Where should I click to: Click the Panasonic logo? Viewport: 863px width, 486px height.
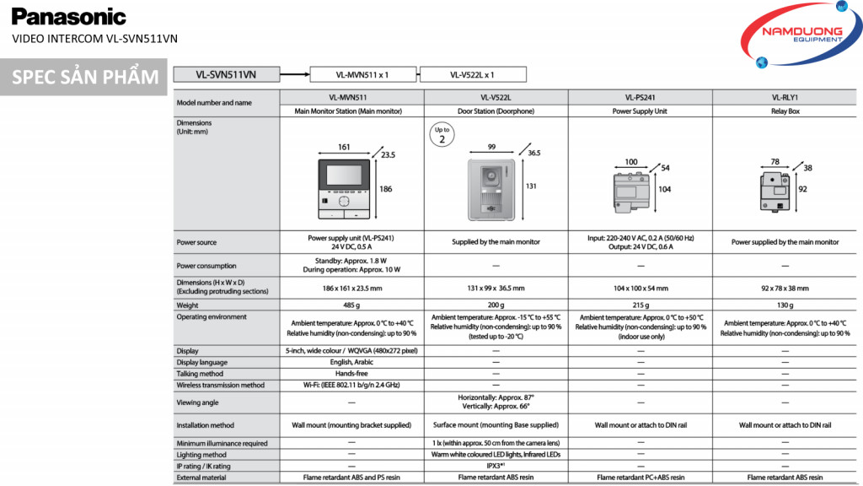[69, 17]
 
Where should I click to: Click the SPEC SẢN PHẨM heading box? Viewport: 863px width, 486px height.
[84, 78]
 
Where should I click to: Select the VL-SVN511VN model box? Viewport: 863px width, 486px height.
[225, 74]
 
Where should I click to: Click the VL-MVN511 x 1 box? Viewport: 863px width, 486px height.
[362, 74]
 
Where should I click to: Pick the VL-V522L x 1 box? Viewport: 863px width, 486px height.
[472, 74]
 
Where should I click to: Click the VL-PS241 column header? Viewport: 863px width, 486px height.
[641, 97]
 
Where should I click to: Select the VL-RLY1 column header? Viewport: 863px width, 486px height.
[785, 97]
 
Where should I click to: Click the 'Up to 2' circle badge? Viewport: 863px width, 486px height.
[442, 135]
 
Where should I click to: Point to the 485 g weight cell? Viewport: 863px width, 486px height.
[351, 305]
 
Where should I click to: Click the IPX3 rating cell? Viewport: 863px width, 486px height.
[496, 466]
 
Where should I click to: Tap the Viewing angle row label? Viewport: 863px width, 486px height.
[197, 402]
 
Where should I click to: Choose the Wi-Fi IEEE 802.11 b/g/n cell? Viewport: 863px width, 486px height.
[351, 385]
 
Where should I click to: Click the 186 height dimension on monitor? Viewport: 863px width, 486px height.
[386, 189]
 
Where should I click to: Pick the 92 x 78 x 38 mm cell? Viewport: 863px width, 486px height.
[785, 288]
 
